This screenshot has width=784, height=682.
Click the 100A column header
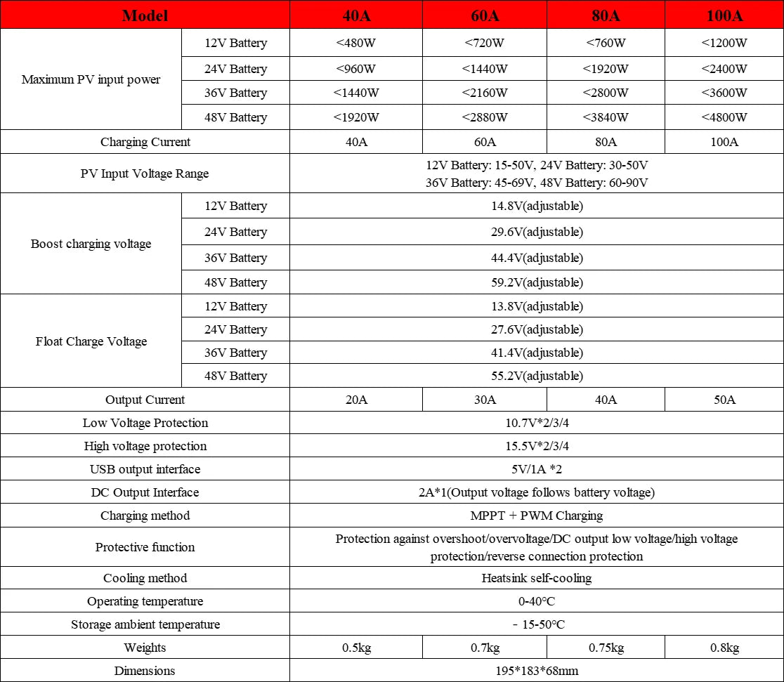(724, 15)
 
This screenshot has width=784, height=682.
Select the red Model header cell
(145, 15)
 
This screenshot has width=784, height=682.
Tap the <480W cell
(355, 43)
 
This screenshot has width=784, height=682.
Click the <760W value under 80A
(606, 43)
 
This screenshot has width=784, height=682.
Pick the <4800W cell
(724, 117)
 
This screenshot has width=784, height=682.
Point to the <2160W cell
(485, 93)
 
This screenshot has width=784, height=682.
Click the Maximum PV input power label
(91, 79)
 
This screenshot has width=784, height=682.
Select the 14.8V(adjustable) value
(537, 206)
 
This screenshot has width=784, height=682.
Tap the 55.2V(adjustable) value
(537, 376)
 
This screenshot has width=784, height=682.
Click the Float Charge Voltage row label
(91, 341)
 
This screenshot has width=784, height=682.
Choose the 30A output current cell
(485, 400)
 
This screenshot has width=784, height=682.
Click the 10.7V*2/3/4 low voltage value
(537, 423)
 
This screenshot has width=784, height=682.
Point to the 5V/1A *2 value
(537, 469)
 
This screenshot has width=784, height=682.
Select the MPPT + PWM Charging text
(537, 516)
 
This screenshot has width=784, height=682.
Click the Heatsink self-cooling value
(537, 578)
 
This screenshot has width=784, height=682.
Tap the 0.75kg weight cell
(606, 648)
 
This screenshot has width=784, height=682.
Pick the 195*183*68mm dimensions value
(537, 671)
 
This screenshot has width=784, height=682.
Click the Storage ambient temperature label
(145, 624)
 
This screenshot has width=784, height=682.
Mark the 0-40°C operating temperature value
(537, 601)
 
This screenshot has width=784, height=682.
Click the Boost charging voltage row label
(91, 244)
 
